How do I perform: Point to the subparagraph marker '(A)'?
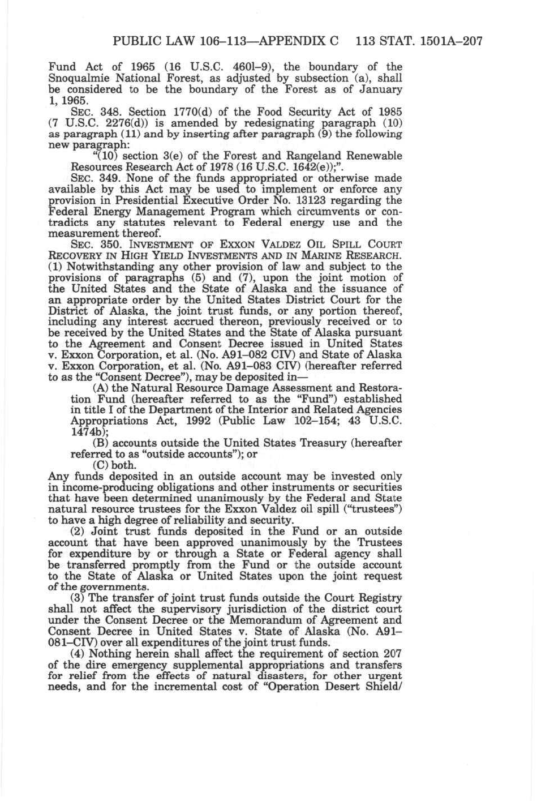100,388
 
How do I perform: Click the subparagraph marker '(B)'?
100,443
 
